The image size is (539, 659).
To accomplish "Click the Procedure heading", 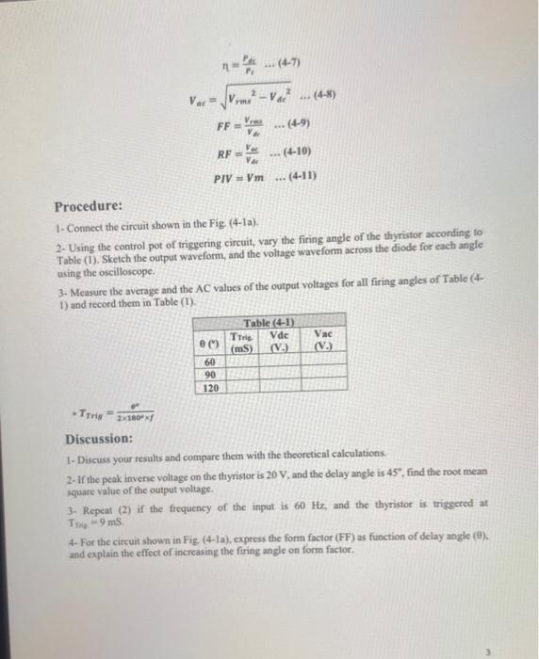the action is tap(88, 206).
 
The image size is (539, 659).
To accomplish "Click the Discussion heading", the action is tap(98, 440).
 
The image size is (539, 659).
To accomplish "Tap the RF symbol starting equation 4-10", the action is tap(224, 153).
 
